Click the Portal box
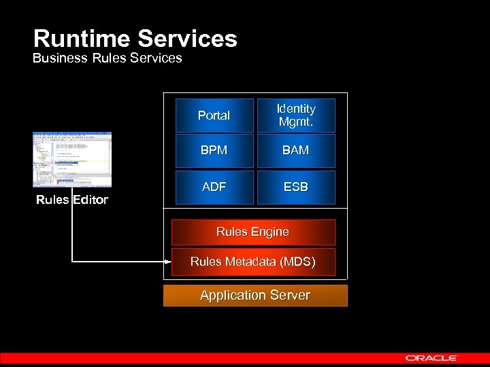click(214, 116)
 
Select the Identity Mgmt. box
click(296, 116)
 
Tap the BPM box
click(214, 151)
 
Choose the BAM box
click(296, 151)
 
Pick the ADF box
click(214, 187)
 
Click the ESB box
click(296, 187)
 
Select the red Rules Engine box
click(253, 232)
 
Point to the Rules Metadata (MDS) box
click(253, 262)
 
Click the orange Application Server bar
click(255, 296)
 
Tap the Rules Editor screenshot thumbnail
click(72, 159)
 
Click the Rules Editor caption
click(72, 200)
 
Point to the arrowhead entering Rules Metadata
click(167, 261)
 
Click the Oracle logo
click(431, 357)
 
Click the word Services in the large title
click(193, 38)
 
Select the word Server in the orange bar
click(290, 296)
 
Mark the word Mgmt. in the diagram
click(296, 122)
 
